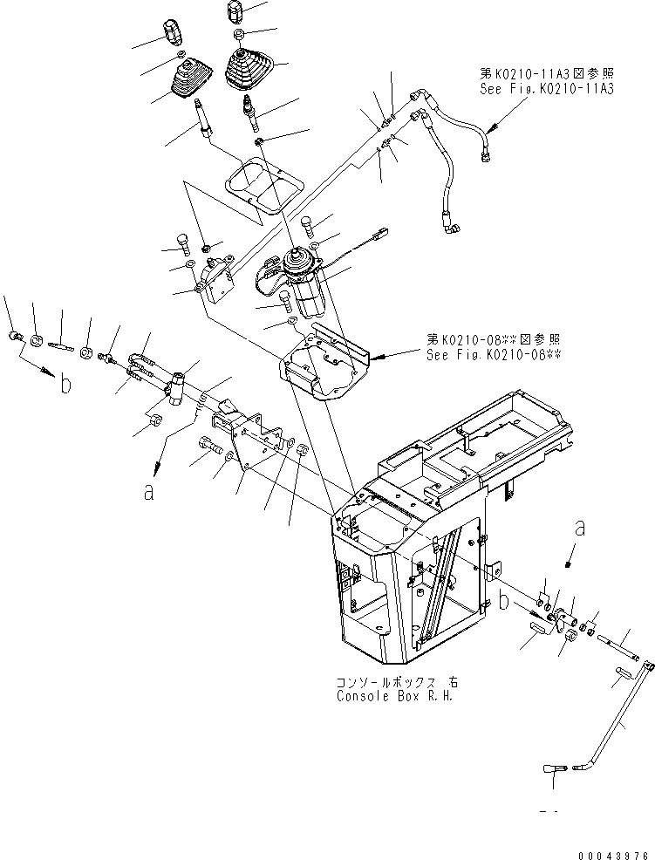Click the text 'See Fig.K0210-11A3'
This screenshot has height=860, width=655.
pyautogui.click(x=546, y=89)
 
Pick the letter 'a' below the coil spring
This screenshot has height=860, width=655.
pyautogui.click(x=149, y=492)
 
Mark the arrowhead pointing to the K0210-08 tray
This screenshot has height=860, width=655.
pyautogui.click(x=378, y=356)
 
